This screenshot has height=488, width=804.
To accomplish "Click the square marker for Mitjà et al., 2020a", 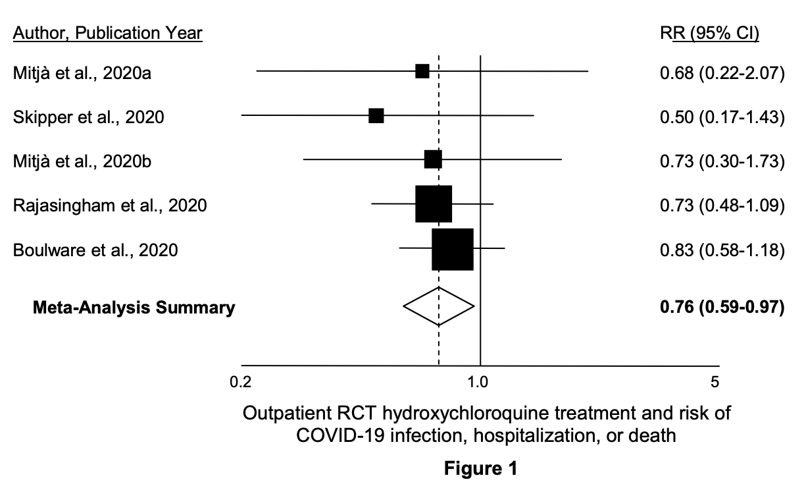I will pos(422,71).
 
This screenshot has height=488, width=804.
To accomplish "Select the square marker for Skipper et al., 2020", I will pos(376,116).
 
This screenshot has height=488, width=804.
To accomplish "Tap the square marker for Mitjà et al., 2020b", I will pos(433,160).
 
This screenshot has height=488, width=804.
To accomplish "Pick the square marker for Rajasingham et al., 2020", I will pos(434,204).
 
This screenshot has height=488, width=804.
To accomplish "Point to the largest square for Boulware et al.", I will pos(453,249).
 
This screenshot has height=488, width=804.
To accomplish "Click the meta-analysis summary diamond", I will pos(439,306).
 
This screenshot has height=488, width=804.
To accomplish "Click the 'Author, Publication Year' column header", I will pos(108,33).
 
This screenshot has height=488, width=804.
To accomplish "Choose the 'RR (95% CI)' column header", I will pos(709,33).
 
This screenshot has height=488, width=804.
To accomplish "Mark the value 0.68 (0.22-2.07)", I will pos(722,72).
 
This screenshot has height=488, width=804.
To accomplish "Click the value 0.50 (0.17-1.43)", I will pos(722,117).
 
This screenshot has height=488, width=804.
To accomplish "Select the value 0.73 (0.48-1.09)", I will pos(722,205).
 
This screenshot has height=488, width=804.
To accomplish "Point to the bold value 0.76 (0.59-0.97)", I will pos(722,308).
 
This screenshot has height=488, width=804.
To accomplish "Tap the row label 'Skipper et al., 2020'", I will pos(89,117).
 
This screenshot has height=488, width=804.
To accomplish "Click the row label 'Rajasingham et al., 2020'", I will pos(110,205).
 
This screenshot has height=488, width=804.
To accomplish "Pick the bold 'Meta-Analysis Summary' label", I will pos(134,308).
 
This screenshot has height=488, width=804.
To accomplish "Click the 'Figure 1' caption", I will pos(481,469).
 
